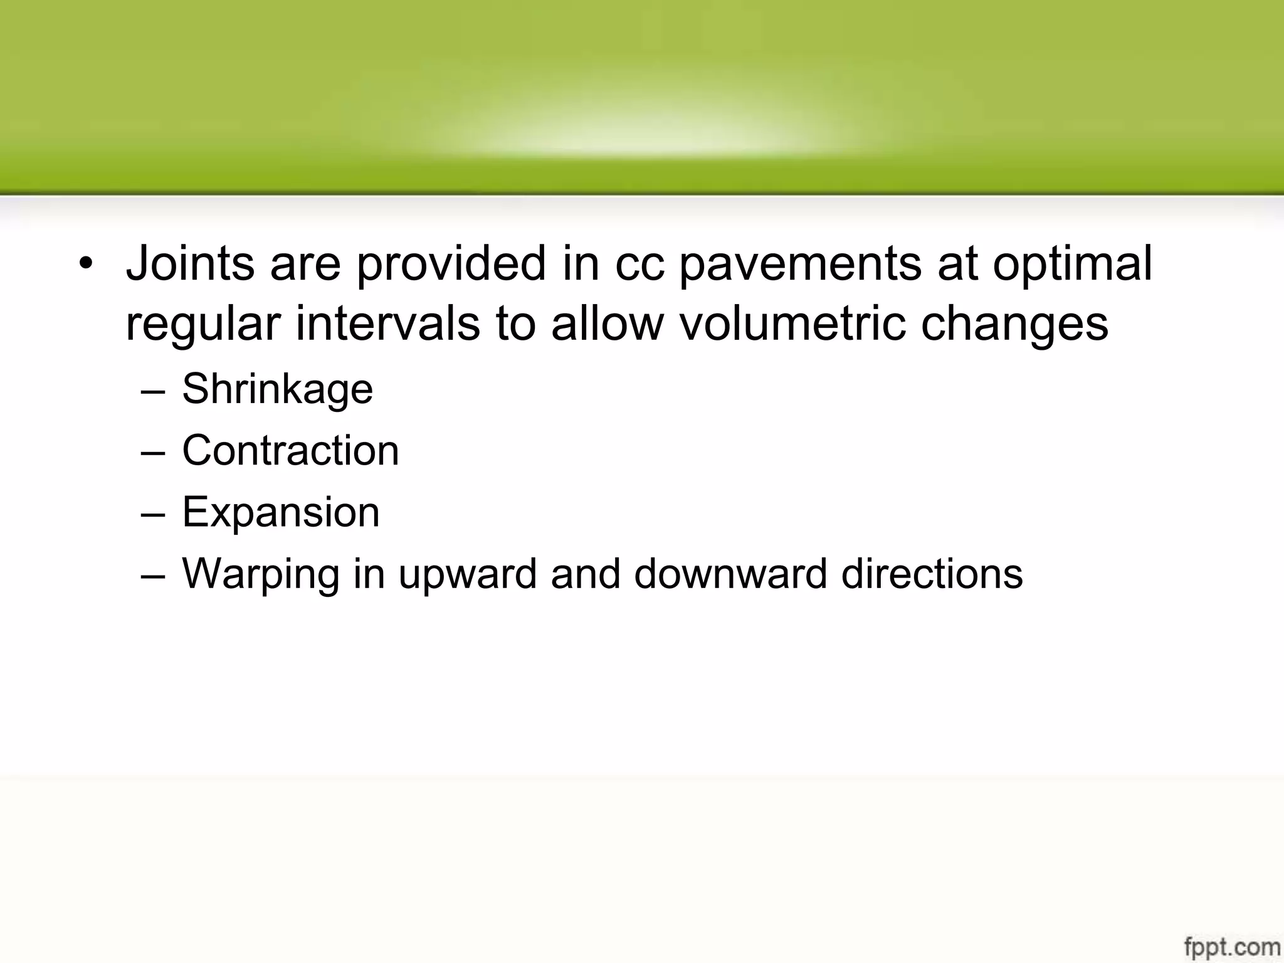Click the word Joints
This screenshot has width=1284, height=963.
point(190,263)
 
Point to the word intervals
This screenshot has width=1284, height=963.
point(387,324)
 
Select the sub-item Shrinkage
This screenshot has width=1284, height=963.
point(277,389)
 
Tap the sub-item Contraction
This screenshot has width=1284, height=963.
point(290,451)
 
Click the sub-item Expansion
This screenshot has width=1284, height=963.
point(280,513)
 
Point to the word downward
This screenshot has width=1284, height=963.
point(730,574)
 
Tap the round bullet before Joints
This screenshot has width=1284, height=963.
point(85,263)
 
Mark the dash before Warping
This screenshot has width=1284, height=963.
point(153,576)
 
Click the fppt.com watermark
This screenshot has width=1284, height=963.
point(1231,946)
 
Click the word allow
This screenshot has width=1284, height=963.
point(607,324)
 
